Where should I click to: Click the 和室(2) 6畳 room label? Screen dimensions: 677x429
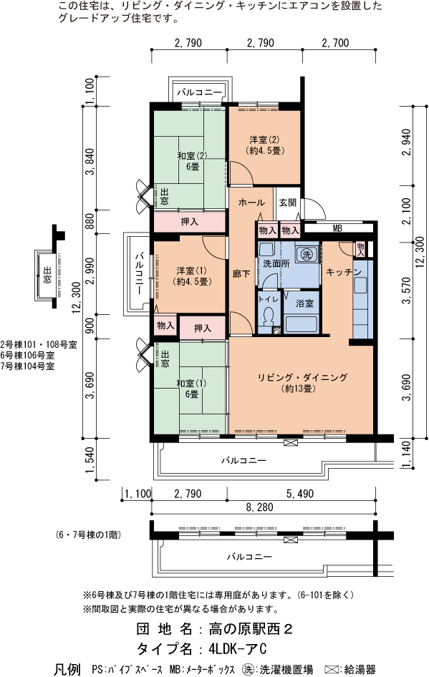click(x=192, y=161)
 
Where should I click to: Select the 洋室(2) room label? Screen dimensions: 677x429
click(x=264, y=145)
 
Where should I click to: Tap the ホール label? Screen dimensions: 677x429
click(x=251, y=203)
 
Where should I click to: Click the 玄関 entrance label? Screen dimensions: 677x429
click(x=288, y=203)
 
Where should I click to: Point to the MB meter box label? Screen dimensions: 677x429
click(x=337, y=229)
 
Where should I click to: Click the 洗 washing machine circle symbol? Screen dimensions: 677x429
click(x=306, y=254)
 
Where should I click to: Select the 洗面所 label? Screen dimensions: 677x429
click(x=276, y=263)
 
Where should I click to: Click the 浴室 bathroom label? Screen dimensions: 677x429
click(x=304, y=303)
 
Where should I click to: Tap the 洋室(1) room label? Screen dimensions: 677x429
click(x=192, y=276)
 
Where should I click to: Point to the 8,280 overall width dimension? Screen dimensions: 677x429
click(x=264, y=506)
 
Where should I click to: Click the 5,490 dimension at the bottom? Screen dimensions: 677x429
click(x=301, y=493)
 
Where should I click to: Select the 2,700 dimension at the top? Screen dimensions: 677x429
click(x=335, y=43)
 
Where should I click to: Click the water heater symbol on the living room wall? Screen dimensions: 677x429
click(x=290, y=444)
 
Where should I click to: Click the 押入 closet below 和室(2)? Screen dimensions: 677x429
click(x=190, y=223)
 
